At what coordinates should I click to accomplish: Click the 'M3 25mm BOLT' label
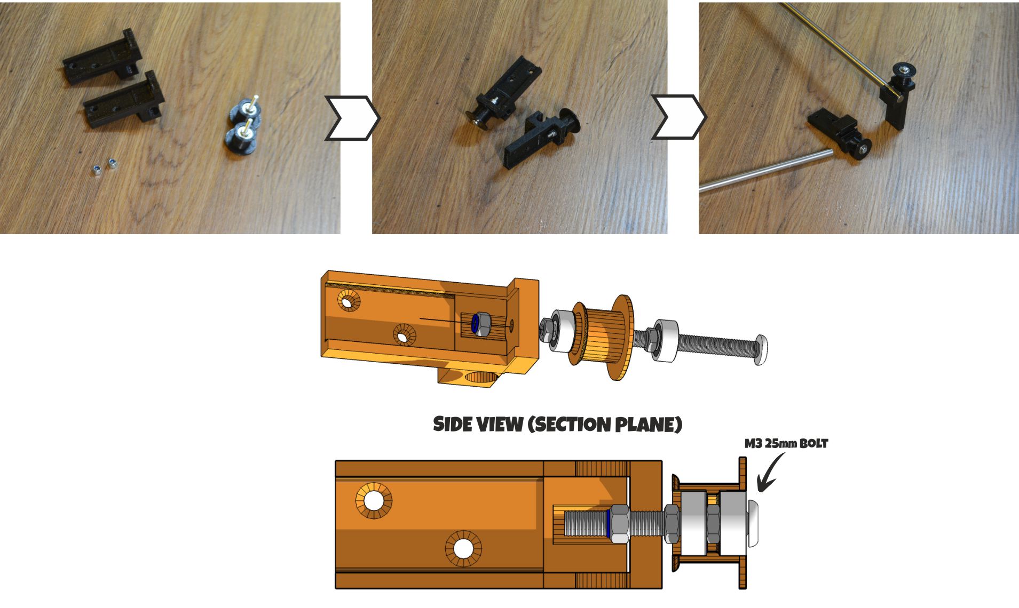tap(786, 444)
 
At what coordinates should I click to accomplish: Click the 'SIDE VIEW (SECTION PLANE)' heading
tap(557, 425)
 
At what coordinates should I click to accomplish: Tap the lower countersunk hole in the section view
tap(463, 549)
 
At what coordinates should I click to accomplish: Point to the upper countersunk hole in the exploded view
tap(349, 302)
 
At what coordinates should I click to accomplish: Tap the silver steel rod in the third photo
tap(763, 170)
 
